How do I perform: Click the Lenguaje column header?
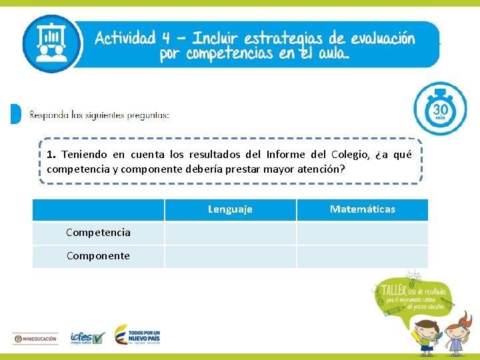coord(230,209)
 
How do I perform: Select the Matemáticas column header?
coord(362,209)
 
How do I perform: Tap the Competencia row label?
coord(98,233)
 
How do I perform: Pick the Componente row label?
coord(98,256)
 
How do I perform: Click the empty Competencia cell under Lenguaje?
coord(230,233)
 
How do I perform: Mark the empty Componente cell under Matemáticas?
coord(362,257)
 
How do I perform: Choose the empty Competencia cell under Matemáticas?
coord(362,233)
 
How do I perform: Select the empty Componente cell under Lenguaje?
coord(230,257)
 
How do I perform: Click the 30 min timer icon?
coord(440,109)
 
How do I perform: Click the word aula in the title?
coord(331,54)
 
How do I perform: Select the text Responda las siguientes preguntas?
coord(99,115)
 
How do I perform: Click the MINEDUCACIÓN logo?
coord(37,339)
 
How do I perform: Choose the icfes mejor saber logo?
coord(87,338)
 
